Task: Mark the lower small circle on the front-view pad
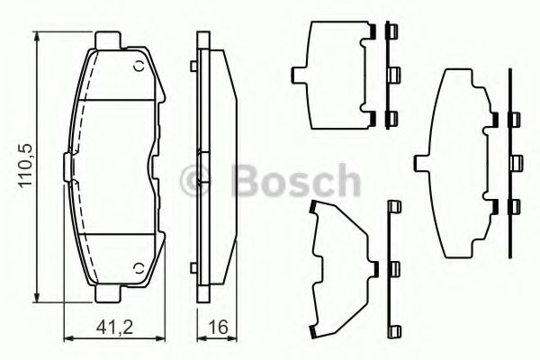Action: pos(137,266)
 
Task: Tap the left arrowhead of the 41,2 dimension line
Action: pos(68,337)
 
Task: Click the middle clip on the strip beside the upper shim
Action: pos(392,73)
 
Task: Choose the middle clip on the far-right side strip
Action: pos(516,162)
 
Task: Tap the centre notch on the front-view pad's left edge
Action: pos(67,166)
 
